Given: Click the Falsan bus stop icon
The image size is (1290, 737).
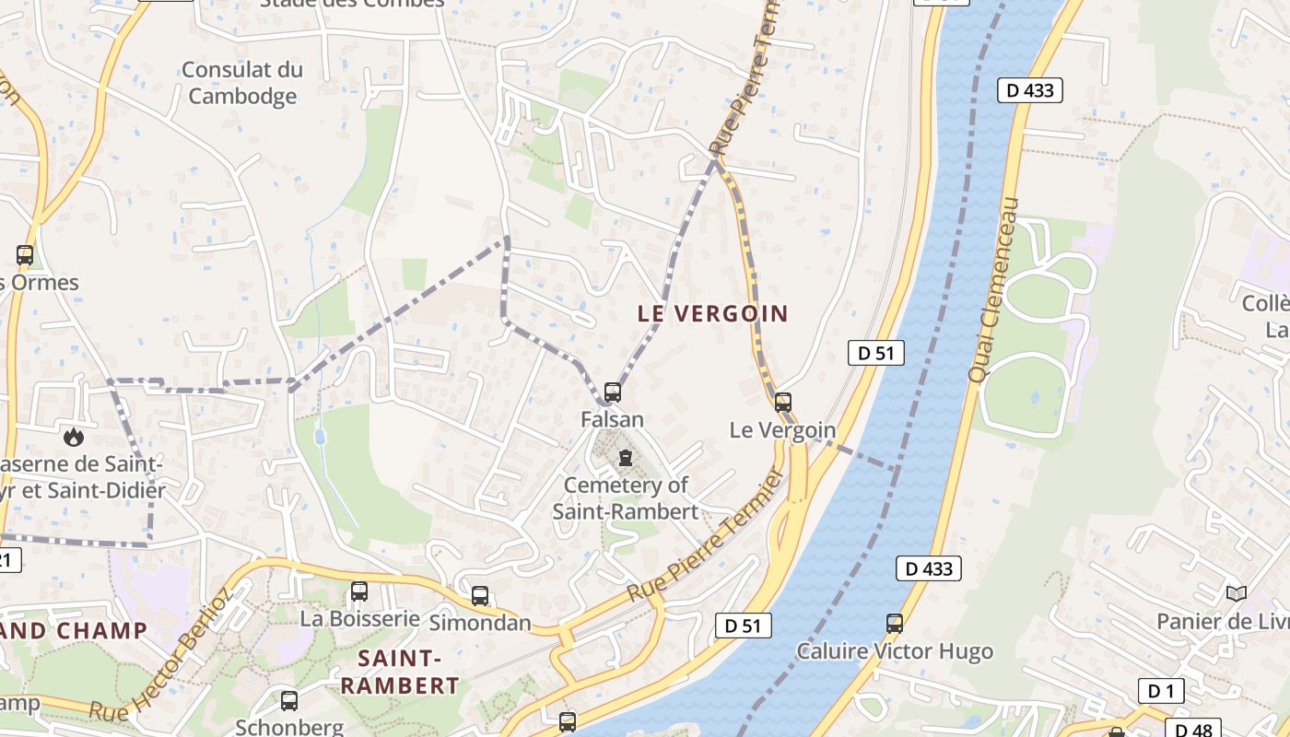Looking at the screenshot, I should pyautogui.click(x=612, y=392).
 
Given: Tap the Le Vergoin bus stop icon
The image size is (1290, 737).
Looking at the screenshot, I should pyautogui.click(x=782, y=402).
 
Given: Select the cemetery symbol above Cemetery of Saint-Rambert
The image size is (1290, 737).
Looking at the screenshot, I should pyautogui.click(x=626, y=458).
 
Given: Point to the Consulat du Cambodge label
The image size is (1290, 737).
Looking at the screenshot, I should pyautogui.click(x=242, y=83).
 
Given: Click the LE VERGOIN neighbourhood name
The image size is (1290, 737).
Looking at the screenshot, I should pyautogui.click(x=713, y=313).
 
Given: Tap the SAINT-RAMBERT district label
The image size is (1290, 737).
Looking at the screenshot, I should pyautogui.click(x=399, y=672).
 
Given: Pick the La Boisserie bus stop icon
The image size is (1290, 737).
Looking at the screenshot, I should pyautogui.click(x=359, y=591).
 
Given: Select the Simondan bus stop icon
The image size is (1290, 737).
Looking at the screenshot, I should pyautogui.click(x=480, y=595).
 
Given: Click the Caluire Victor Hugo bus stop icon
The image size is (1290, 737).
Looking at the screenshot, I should pyautogui.click(x=894, y=623).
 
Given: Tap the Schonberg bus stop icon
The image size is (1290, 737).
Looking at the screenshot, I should pyautogui.click(x=289, y=700).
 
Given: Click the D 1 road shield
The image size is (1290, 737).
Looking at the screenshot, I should pyautogui.click(x=1161, y=690).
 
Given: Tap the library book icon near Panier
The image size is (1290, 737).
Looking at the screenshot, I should pyautogui.click(x=1236, y=594).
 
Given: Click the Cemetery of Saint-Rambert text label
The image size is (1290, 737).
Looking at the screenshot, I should pyautogui.click(x=626, y=497).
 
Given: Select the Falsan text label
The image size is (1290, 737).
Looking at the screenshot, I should pyautogui.click(x=612, y=419).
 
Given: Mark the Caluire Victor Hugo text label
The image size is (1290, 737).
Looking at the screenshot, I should pyautogui.click(x=895, y=651).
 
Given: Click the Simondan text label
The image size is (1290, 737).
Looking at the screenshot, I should pyautogui.click(x=480, y=623).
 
